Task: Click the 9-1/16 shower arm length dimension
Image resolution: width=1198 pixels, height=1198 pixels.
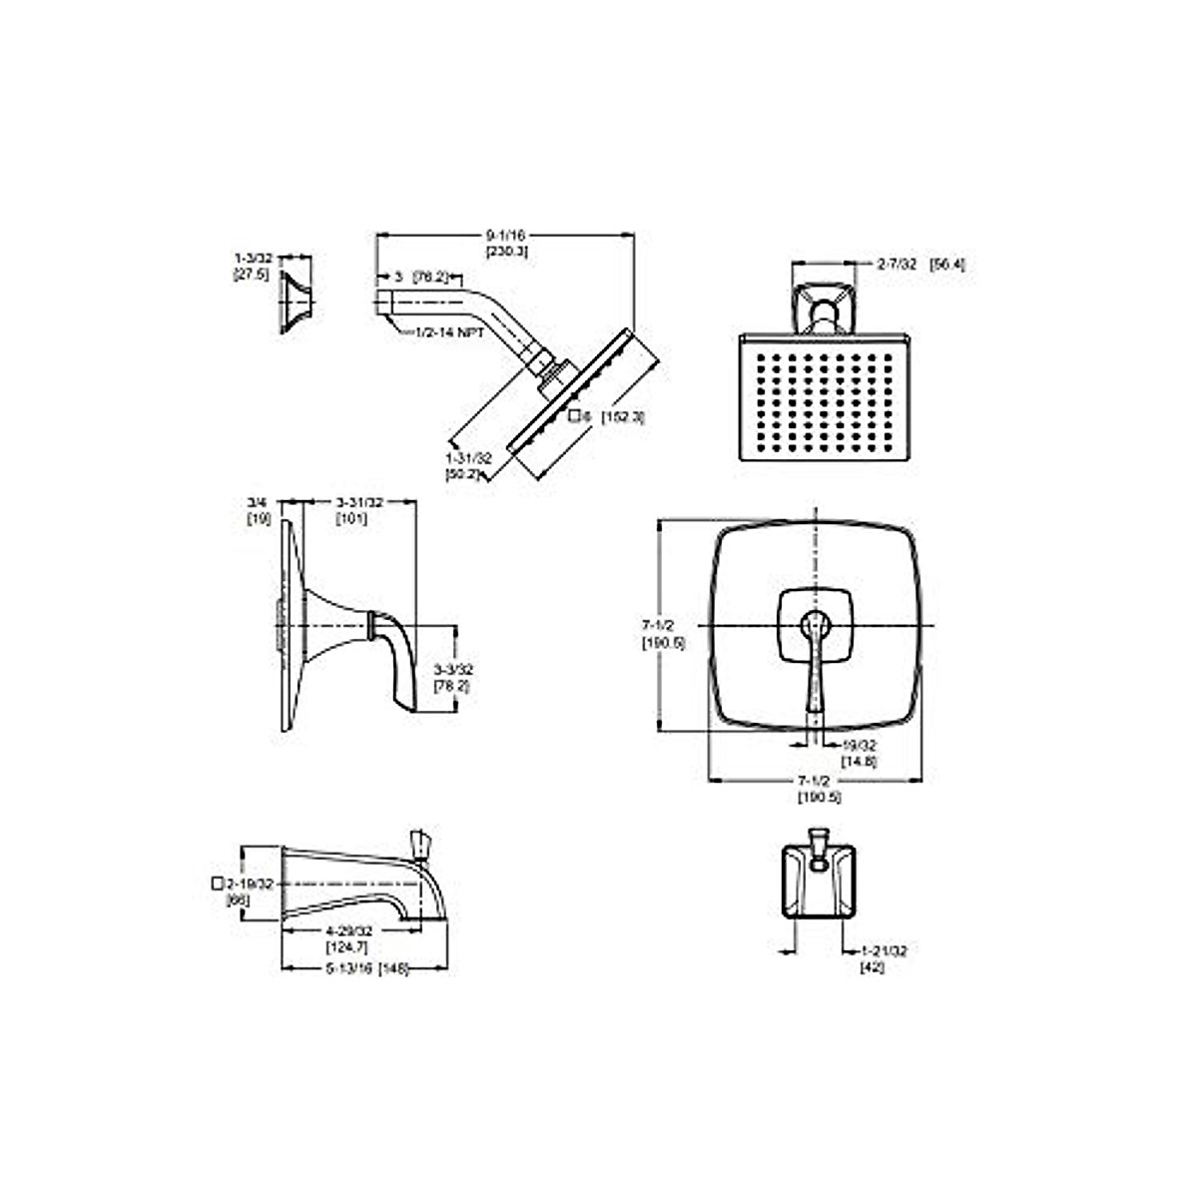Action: (x=506, y=234)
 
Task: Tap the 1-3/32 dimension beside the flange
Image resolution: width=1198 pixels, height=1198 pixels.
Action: (x=251, y=259)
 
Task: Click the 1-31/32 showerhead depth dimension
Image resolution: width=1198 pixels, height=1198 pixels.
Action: (x=469, y=456)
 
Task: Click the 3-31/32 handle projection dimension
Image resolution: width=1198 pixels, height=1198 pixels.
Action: (x=352, y=502)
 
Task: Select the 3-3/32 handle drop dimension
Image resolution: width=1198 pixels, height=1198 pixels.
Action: (x=452, y=668)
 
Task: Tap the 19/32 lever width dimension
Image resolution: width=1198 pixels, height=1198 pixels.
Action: (x=858, y=745)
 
